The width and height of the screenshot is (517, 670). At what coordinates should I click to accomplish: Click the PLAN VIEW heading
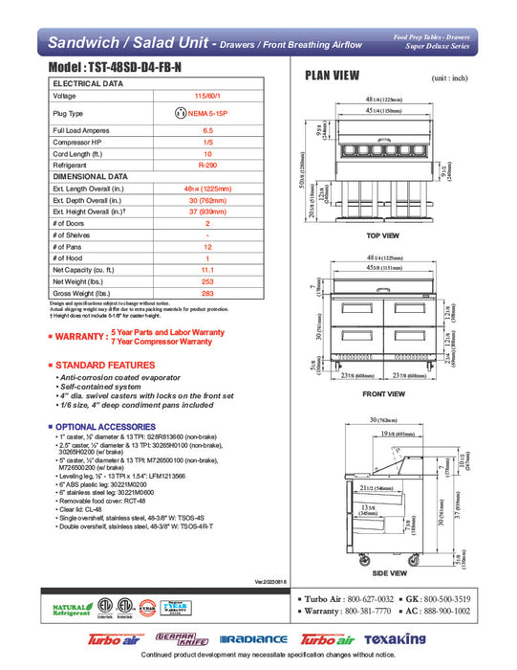pos(332,77)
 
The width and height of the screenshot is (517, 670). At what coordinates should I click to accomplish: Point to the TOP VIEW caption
pos(382,235)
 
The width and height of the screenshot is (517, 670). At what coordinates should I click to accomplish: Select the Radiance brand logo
pos(253,639)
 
